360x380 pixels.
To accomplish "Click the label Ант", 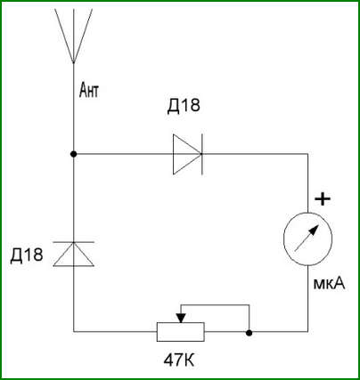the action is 89,91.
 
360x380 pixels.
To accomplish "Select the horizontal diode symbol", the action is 188,154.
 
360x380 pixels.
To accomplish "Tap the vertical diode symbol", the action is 73,254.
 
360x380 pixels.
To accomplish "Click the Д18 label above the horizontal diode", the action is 184,105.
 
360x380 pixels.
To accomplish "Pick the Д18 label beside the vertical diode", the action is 27,255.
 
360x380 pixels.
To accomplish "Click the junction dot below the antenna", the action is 73,154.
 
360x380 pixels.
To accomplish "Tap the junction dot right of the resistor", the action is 250,333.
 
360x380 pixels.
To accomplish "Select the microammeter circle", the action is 307,239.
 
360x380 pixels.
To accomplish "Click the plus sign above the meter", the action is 323,198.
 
